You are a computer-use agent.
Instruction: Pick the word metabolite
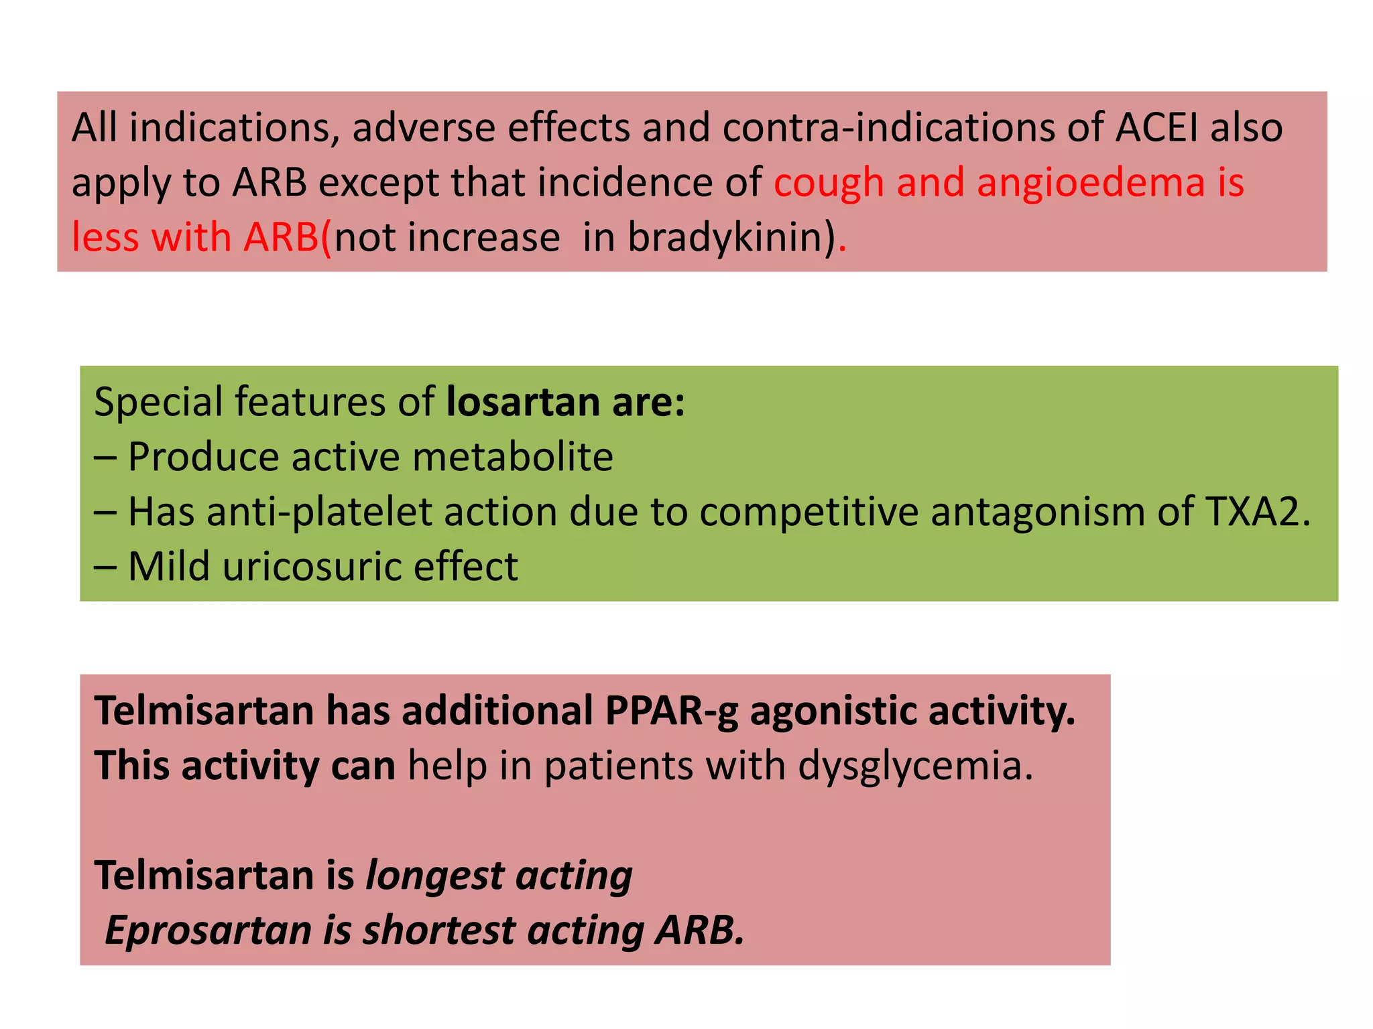tap(512, 457)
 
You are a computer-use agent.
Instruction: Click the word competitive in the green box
tap(809, 512)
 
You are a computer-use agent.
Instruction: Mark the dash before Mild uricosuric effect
tap(105, 567)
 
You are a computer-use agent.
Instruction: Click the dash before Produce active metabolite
tap(105, 457)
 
